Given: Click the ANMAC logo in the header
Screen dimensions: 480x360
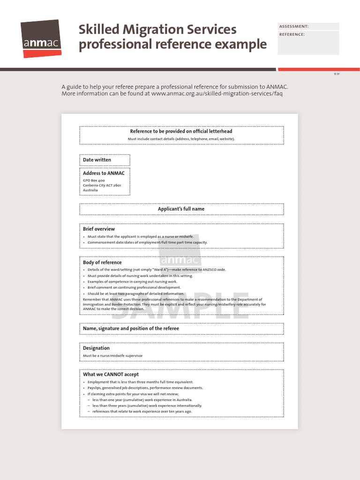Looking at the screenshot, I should [x=41, y=38].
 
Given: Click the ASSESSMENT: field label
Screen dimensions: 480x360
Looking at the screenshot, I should [x=294, y=27].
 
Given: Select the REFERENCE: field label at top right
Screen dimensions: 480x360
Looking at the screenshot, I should [x=292, y=34].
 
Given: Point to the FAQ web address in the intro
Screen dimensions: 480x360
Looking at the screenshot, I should [x=217, y=93].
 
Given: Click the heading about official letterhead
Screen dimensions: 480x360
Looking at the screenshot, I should [x=181, y=131].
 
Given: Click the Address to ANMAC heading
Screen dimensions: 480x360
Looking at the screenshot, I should [x=104, y=173].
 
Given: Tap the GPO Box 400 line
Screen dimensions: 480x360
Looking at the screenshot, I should [x=94, y=180].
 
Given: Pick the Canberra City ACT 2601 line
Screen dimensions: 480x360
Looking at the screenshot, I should [x=102, y=185].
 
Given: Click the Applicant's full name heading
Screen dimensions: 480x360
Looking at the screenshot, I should [x=181, y=209].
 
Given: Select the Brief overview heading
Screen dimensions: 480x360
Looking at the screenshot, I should [x=99, y=229].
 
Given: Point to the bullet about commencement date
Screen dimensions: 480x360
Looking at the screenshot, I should [x=147, y=242].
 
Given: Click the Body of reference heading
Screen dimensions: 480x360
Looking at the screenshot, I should [x=102, y=262].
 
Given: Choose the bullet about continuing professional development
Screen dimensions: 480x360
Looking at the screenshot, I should [x=134, y=287].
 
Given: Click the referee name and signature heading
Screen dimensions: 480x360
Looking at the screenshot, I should [x=131, y=329].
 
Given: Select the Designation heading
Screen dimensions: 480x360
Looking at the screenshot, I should [x=96, y=348].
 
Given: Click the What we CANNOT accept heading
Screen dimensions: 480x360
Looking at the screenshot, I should [x=111, y=375].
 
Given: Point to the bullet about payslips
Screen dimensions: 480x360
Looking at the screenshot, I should [x=145, y=388].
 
